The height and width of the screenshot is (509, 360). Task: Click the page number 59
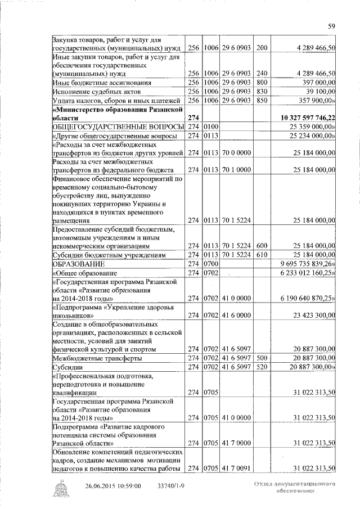click(332, 25)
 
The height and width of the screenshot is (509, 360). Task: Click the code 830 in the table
click(261, 91)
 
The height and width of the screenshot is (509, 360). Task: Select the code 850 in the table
click(261, 100)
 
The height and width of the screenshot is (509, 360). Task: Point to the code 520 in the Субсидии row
click(261, 367)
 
